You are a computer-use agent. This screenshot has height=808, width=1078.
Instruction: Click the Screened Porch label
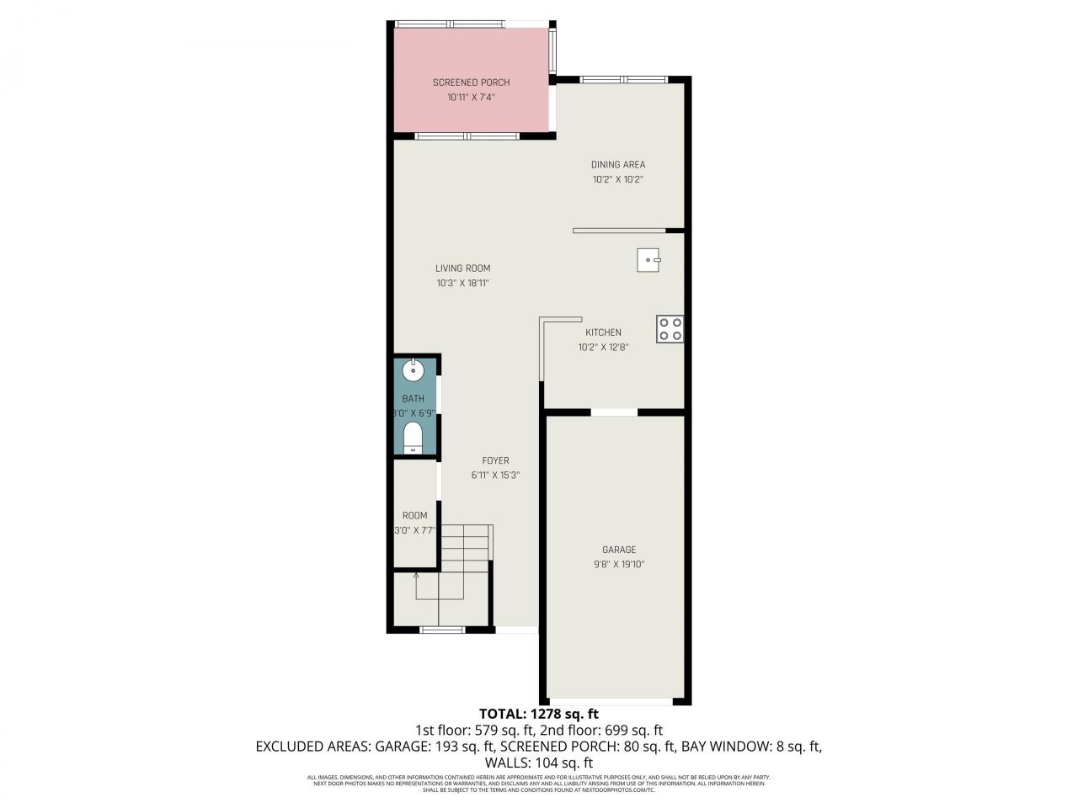coord(471,82)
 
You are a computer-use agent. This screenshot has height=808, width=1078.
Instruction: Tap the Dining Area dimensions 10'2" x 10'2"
coord(618,179)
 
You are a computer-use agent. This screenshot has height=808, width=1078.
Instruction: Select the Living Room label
coord(462,268)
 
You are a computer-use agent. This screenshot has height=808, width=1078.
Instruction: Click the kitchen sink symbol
coord(648,260)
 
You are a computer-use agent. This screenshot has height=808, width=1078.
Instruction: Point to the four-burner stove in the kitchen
coord(670,328)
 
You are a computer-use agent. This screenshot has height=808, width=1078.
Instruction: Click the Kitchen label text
coord(603,332)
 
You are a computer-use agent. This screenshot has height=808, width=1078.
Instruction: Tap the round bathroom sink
coord(414,369)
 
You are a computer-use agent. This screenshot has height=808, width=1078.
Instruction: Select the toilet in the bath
coord(413,438)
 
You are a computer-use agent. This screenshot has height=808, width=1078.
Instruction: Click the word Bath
coord(413,399)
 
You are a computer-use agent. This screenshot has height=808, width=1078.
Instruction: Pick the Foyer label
coord(495,460)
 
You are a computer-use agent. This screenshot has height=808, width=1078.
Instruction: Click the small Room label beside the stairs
coord(414,516)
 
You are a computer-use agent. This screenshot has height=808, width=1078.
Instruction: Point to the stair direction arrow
coord(416,577)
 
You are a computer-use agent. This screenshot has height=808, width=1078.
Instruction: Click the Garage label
coord(619,550)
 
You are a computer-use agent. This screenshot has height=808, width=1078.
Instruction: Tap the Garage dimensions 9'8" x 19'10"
coord(619,565)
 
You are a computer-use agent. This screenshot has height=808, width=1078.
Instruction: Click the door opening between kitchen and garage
coord(614,412)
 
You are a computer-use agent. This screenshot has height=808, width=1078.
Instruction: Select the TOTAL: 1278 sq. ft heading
coord(539,714)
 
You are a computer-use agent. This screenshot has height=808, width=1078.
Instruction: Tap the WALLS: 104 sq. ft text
coord(539,763)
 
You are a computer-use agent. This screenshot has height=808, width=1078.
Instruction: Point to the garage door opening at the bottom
coord(611,701)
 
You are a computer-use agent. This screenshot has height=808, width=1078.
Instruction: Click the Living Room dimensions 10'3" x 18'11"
coord(462,284)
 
